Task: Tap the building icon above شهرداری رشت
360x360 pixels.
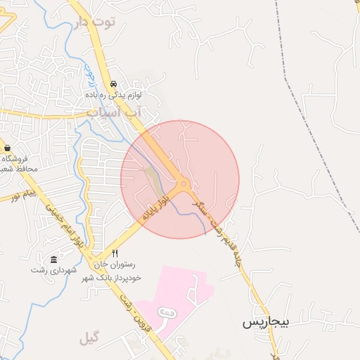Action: coord(54,260)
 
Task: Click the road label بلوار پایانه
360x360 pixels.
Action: coord(155,210)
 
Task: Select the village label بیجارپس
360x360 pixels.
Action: coord(266,323)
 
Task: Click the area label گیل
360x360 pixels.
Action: coord(89,338)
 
